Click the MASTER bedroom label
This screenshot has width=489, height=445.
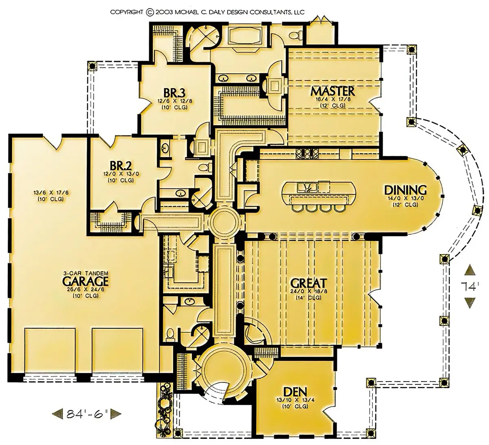333,91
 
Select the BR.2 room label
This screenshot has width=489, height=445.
121,166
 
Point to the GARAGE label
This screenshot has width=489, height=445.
85,281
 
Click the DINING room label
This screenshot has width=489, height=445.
405,190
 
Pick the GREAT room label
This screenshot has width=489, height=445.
308,283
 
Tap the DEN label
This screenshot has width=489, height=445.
295,392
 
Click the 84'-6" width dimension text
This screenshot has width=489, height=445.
87,414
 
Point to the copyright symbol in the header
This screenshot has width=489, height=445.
150,12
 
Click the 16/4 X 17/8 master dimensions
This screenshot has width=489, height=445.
333,100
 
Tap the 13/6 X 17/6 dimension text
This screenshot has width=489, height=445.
51,193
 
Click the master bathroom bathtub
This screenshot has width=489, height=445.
244,35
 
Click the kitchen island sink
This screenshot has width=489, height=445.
307,187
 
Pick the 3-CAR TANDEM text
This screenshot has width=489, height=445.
86,273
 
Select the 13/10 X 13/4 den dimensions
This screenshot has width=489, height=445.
295,400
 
